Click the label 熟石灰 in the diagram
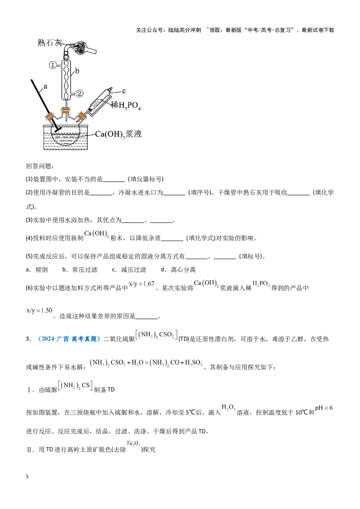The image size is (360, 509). pyautogui.click(x=49, y=43)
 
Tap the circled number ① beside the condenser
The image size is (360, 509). pyautogui.click(x=53, y=65)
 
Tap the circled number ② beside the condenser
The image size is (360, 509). pyautogui.click(x=79, y=94)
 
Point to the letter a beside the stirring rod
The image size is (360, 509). pyautogui.click(x=45, y=86)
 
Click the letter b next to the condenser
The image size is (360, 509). pyautogui.click(x=77, y=71)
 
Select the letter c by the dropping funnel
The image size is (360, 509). pyautogui.click(x=124, y=91)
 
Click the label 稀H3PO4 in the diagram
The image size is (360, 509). pyautogui.click(x=126, y=105)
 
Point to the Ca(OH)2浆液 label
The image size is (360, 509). pyautogui.click(x=118, y=134)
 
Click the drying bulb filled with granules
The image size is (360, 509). pyautogui.click(x=79, y=48)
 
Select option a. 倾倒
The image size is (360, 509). pyautogui.click(x=37, y=270)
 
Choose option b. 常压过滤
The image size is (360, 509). pyautogui.click(x=80, y=270)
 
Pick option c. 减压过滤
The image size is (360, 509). pyautogui.click(x=129, y=270)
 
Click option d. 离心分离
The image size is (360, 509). pyautogui.click(x=178, y=270)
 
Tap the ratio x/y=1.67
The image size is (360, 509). pyautogui.click(x=142, y=284)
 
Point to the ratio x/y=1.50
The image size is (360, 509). pyautogui.click(x=39, y=310)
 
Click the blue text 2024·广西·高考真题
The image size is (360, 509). pyautogui.click(x=69, y=339)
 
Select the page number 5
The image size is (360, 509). pyautogui.click(x=27, y=477)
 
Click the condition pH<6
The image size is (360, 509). pyautogui.click(x=324, y=408)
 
